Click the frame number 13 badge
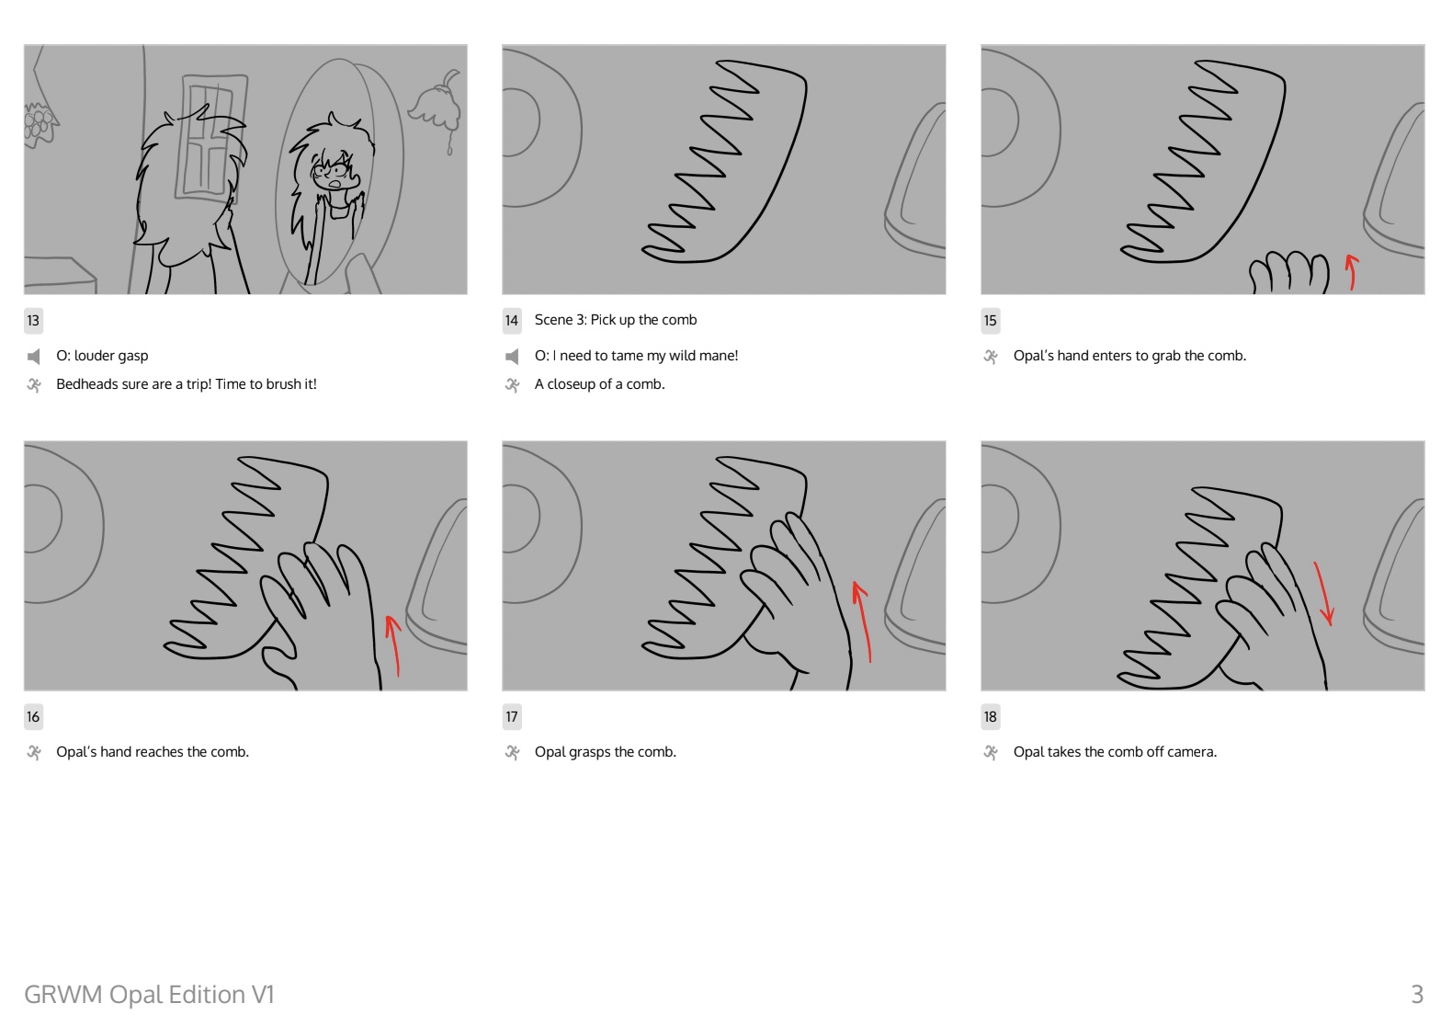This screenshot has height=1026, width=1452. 34,320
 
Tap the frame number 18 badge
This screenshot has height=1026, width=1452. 991,717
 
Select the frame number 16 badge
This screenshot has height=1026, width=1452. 34,717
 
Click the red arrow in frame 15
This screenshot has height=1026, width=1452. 1352,271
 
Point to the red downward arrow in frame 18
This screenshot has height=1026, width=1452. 1323,593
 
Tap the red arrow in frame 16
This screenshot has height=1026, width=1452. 393,645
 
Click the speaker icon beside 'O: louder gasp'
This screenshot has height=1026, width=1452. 34,356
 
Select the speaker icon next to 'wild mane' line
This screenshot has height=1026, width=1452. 512,356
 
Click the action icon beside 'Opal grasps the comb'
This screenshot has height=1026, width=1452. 512,752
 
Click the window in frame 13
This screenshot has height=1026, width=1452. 209,138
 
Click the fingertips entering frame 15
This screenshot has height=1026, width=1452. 1288,272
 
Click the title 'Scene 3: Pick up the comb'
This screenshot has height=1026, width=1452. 615,320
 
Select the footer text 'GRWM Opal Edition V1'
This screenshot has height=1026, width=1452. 149,994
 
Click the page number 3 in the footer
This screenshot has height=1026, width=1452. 1417,994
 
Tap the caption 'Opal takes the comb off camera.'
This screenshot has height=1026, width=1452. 1115,752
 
